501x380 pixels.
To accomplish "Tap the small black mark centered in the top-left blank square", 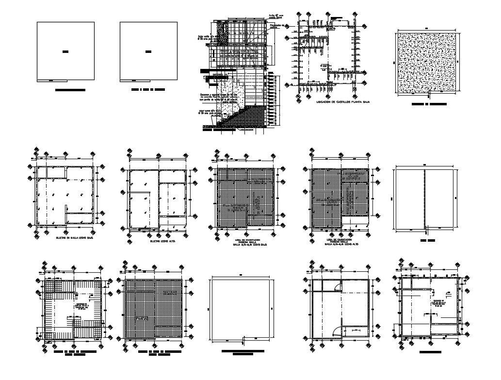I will click(66, 51).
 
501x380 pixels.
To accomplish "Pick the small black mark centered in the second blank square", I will click(147, 51).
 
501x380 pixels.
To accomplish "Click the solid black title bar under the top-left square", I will click(70, 90).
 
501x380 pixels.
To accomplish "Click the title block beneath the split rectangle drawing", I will click(427, 240).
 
